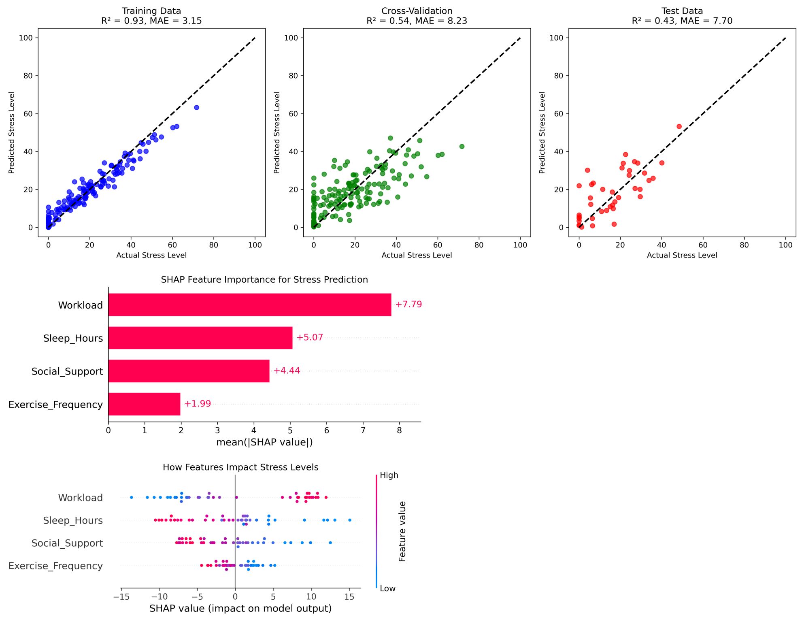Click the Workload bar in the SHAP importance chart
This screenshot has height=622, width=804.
coord(249,305)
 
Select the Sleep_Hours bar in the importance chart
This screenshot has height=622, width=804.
coord(200,338)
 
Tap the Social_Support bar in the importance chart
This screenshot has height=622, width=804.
coord(189,371)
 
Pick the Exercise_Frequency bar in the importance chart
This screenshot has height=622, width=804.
coord(144,404)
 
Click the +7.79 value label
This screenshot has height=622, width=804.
coord(408,305)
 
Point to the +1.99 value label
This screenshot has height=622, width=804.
coord(198,404)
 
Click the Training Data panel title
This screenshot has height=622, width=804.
coord(151,16)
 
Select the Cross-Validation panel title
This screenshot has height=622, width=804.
coord(417,16)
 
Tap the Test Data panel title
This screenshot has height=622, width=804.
coord(682,16)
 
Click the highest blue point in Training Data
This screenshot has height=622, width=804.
coord(196,108)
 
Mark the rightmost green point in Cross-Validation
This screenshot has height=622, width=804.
coord(462,147)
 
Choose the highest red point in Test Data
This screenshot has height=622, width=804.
coord(679,127)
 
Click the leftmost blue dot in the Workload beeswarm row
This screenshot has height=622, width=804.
coord(132,497)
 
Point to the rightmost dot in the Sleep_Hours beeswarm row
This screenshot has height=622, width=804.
coord(350,520)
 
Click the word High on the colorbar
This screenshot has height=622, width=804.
coord(389,475)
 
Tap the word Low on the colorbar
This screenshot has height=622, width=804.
coord(387,589)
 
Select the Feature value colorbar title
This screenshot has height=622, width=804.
coord(402,531)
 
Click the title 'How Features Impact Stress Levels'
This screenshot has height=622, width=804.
coord(240,467)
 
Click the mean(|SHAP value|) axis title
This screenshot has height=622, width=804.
coord(264,442)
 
